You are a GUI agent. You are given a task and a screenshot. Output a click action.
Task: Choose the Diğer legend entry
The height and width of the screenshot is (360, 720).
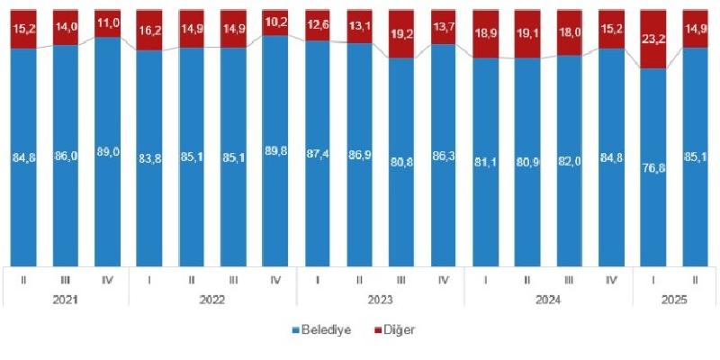(399, 330)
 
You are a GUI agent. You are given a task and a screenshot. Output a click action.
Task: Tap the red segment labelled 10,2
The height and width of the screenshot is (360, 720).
(276, 22)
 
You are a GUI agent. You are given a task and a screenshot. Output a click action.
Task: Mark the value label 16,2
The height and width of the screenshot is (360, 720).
(149, 29)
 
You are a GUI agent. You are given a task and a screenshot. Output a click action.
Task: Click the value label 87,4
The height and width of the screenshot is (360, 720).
(319, 163)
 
